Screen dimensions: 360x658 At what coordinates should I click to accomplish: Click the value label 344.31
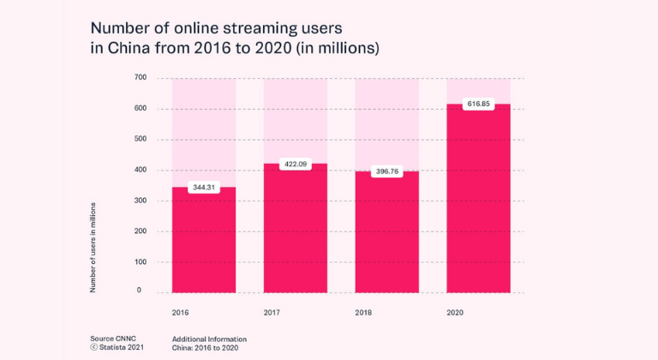(204, 187)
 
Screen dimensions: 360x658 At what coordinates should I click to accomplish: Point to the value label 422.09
(296, 164)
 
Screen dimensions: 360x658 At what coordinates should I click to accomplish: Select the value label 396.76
(387, 171)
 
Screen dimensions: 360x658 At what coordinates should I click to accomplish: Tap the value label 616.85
(478, 104)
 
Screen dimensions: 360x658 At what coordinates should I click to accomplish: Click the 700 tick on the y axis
(141, 78)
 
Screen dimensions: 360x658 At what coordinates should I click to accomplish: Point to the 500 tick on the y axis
(141, 139)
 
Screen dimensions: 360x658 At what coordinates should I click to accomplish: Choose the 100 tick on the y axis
(141, 261)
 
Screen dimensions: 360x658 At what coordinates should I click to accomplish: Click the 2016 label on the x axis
(181, 313)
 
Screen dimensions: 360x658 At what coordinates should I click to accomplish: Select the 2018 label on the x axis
(363, 313)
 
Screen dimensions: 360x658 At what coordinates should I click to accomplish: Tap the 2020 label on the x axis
(455, 313)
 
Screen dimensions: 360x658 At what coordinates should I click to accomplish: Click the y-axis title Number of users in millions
(93, 248)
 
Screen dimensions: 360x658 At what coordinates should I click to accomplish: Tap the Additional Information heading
(209, 339)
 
